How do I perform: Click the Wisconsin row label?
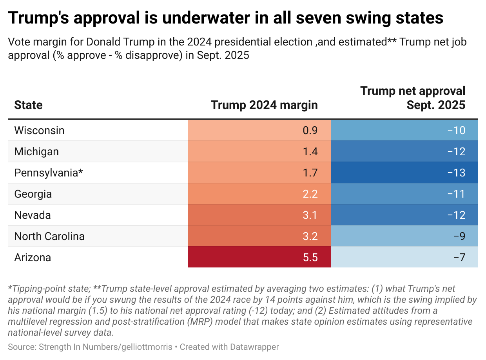[x=39, y=130]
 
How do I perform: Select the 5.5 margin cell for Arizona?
[x=310, y=258]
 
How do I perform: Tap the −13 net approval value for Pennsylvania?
[x=456, y=173]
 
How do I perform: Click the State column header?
[x=28, y=105]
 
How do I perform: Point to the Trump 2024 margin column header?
[x=264, y=105]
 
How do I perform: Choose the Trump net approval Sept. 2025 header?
[x=413, y=98]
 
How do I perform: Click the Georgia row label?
[x=33, y=194]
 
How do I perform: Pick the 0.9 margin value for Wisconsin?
[x=310, y=130]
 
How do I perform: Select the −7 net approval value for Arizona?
[x=459, y=258]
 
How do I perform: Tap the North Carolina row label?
[x=49, y=236]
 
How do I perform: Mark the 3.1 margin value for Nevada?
[x=310, y=215]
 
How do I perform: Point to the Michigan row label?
[x=36, y=151]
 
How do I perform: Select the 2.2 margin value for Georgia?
[x=310, y=194]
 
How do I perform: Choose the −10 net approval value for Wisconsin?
[x=456, y=130]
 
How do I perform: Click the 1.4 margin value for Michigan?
[x=310, y=151]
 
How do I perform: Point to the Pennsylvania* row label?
[x=49, y=173]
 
